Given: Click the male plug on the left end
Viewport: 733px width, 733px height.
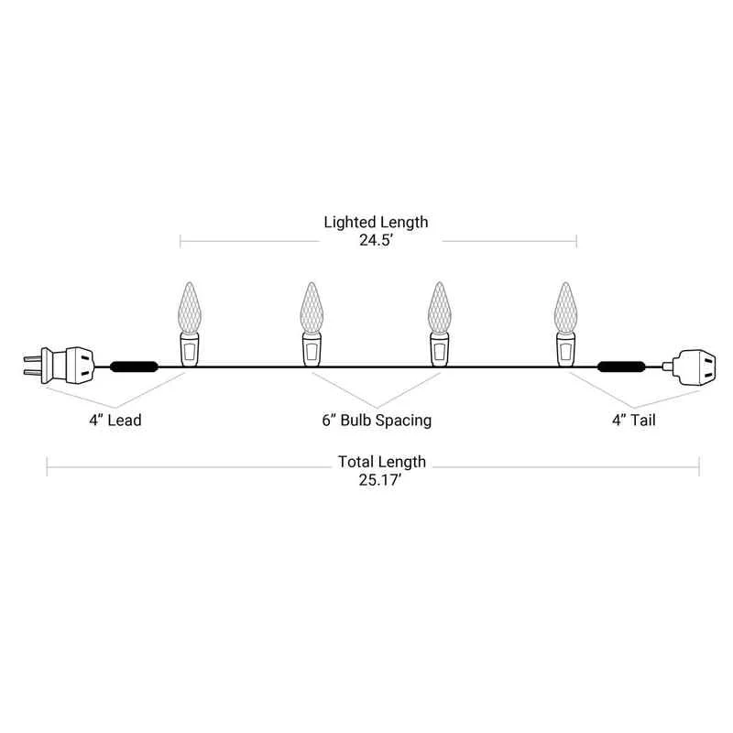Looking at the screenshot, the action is pos(59,366).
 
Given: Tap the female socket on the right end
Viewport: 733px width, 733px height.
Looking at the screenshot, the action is pos(690,367).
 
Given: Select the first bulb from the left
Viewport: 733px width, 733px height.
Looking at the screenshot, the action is pos(190,324).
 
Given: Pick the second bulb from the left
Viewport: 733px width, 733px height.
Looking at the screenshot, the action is pos(312,324).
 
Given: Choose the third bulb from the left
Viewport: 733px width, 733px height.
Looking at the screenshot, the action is pos(439,324).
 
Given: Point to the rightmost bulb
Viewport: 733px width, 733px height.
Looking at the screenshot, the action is pos(565,324).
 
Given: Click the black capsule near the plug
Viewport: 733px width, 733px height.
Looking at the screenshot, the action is pos(134,366).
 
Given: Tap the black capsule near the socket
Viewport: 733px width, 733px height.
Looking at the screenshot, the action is pos(622,366).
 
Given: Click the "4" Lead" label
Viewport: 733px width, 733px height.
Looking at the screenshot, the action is pos(115,420).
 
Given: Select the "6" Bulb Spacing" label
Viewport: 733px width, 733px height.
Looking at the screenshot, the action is pos(377,421).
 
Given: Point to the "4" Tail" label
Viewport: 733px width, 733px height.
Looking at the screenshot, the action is pos(634,420).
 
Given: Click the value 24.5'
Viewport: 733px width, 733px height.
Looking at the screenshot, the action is pos(376,240).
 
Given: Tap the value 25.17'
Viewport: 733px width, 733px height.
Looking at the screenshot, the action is pos(380,480).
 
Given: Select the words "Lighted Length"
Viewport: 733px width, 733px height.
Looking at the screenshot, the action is pos(376,223).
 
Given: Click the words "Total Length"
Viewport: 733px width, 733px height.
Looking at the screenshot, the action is pos(382,462).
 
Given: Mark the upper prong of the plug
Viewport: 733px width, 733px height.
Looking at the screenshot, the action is pos(32,358).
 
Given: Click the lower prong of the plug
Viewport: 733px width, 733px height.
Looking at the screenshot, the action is pos(32,373).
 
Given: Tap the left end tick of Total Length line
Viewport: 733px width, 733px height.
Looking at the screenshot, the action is pos(48,467).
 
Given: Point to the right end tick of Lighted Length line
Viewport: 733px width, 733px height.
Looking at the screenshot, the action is pos(576,241).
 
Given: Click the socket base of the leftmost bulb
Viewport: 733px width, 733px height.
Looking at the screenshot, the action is pos(190,350).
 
